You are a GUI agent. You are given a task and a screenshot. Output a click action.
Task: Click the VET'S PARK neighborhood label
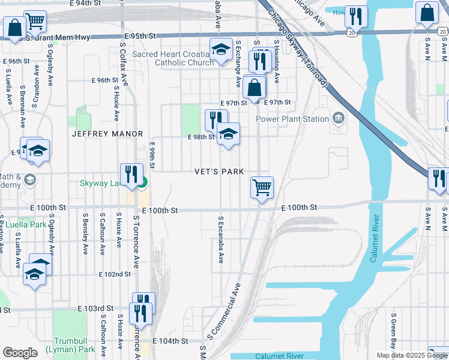pyautogui.click(x=219, y=172)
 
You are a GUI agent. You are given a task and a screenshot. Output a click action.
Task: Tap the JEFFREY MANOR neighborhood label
pyautogui.click(x=107, y=134)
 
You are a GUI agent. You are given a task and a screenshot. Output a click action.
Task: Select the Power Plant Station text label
pyautogui.click(x=292, y=119)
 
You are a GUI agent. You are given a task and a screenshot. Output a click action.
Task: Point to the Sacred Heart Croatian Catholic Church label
pyautogui.click(x=173, y=58)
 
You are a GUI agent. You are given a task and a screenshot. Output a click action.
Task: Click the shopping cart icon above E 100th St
pyautogui.click(x=262, y=188)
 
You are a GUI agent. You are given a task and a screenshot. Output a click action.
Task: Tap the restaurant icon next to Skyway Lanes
pyautogui.click(x=131, y=175)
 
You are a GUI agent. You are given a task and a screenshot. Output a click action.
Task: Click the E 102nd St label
pyautogui.click(x=115, y=274)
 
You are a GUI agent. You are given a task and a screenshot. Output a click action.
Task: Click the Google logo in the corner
pyautogui.click(x=20, y=353)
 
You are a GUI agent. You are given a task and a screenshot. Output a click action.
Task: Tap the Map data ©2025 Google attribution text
pyautogui.click(x=411, y=355)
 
